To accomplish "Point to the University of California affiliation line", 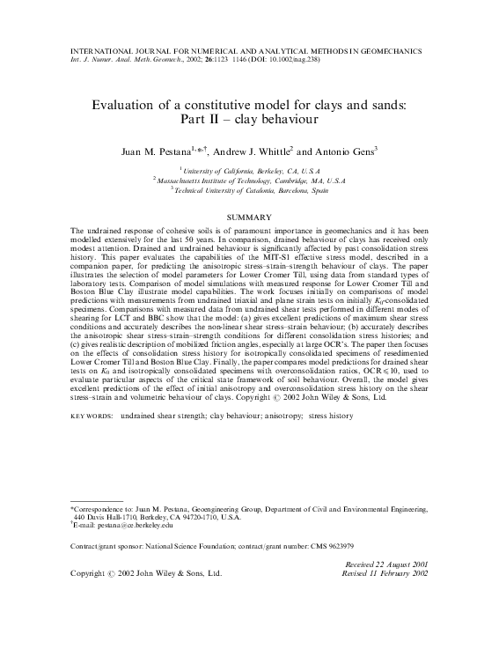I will tap(249, 168).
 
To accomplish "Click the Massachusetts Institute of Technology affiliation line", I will tap(249, 178).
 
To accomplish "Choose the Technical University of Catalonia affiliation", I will tap(249, 188).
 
